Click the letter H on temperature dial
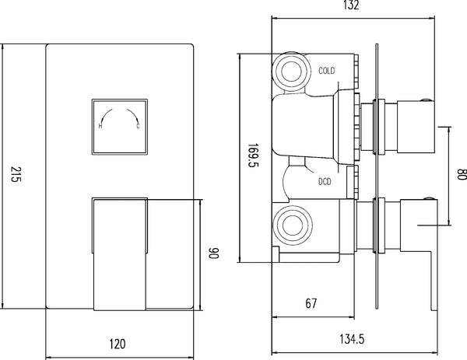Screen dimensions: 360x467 tap(101, 126)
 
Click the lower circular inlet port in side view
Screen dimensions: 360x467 tap(293, 226)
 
